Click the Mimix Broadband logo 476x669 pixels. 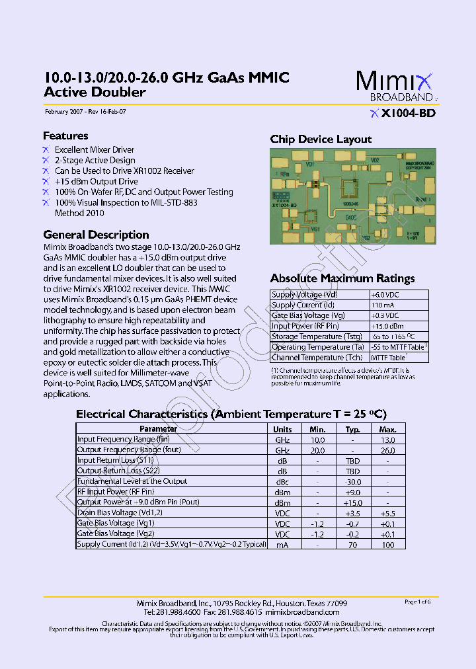[x=395, y=87]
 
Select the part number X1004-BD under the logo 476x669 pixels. [x=408, y=114]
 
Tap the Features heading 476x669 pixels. [x=65, y=136]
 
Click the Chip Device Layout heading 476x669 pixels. [x=321, y=139]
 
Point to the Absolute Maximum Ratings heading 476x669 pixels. [x=342, y=278]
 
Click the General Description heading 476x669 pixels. [x=96, y=235]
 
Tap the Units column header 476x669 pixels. [x=282, y=429]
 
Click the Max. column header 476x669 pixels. [x=388, y=429]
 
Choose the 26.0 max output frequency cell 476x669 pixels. [x=388, y=450]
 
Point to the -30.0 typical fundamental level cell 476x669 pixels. [x=352, y=482]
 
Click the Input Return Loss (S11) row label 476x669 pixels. [x=116, y=461]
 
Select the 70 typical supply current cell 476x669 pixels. [x=352, y=545]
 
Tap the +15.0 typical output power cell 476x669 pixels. [x=352, y=503]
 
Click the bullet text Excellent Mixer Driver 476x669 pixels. [x=95, y=150]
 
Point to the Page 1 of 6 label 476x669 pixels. [x=417, y=602]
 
